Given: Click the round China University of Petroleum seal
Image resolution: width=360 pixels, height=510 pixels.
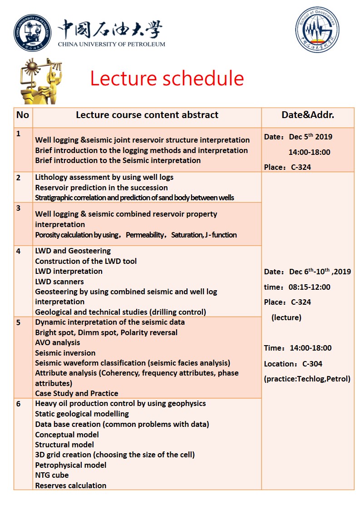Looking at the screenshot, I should pyautogui.click(x=32, y=33).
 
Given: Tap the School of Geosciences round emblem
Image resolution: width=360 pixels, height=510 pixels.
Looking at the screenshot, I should pyautogui.click(x=317, y=30).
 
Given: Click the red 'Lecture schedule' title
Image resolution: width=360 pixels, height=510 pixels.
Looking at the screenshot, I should pyautogui.click(x=167, y=79).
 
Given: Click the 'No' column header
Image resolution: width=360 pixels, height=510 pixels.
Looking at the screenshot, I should pyautogui.click(x=23, y=115).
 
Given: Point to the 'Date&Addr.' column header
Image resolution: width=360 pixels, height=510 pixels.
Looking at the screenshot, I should pyautogui.click(x=308, y=115).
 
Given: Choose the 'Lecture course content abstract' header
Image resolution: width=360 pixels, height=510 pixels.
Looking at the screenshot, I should pyautogui.click(x=147, y=115).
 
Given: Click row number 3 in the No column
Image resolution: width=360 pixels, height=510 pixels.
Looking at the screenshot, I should pyautogui.click(x=19, y=208).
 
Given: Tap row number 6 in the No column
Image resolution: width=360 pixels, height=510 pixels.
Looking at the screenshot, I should pyautogui.click(x=19, y=404).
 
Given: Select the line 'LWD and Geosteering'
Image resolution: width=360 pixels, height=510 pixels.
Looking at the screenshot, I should pyautogui.click(x=73, y=251).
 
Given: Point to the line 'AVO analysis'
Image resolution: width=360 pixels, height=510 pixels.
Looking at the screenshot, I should pyautogui.click(x=58, y=342).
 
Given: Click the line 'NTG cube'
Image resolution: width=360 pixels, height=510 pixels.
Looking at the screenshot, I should pyautogui.click(x=52, y=475).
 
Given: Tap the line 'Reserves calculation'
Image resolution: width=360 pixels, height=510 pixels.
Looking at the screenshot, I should pyautogui.click(x=71, y=485).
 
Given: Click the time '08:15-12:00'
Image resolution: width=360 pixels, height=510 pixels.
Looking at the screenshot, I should pyautogui.click(x=310, y=287).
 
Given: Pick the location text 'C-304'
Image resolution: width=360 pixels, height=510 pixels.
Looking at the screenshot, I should pyautogui.click(x=312, y=364).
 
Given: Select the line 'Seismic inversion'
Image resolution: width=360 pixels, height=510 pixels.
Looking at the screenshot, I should pyautogui.click(x=65, y=353).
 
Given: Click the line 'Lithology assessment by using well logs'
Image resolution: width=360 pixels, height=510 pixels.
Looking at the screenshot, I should pyautogui.click(x=104, y=177).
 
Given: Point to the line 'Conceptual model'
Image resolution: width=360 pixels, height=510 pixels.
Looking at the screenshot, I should pyautogui.click(x=67, y=435).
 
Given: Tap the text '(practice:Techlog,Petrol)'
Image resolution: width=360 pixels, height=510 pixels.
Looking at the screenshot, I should pyautogui.click(x=307, y=379).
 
